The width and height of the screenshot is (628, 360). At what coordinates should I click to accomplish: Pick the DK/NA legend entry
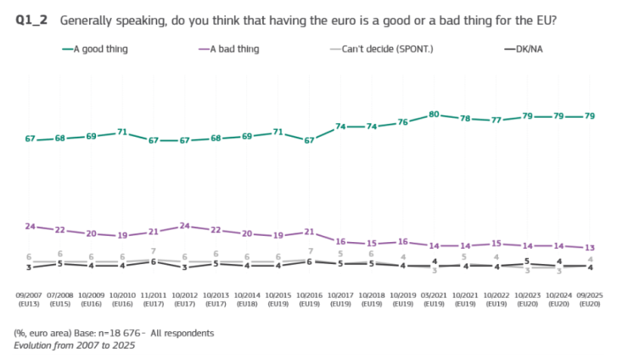524,49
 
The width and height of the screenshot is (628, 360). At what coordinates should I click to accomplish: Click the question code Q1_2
31,20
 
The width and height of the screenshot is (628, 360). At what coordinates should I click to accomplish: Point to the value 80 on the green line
434,114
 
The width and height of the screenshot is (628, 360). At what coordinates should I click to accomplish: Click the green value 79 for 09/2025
591,116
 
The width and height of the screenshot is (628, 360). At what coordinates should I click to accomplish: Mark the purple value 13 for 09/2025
591,247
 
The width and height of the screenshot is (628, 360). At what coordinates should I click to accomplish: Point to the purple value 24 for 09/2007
29,226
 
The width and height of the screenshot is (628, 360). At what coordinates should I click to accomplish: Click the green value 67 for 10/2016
309,140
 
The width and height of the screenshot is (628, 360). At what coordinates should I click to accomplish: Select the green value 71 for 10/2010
122,132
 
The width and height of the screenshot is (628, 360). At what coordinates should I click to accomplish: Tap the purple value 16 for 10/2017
340,241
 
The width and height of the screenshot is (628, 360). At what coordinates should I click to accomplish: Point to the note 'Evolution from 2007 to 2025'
75,346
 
